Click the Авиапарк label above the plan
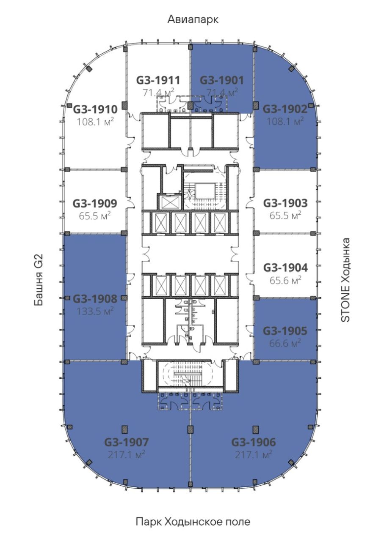click(193, 19)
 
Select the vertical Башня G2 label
click(39, 280)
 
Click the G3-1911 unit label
click(158, 80)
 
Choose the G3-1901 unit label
click(222, 80)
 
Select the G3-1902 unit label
click(285, 109)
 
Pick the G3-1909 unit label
click(95, 203)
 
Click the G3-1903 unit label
click(285, 203)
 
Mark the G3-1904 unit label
click(285, 268)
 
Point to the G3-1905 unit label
click(285, 331)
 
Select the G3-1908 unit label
click(95, 299)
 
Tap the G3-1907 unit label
click(126, 443)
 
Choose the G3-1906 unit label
click(254, 443)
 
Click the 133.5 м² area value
click(95, 311)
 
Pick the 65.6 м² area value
click(285, 280)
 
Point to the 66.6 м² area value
click(285, 343)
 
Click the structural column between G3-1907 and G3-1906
click(191, 429)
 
